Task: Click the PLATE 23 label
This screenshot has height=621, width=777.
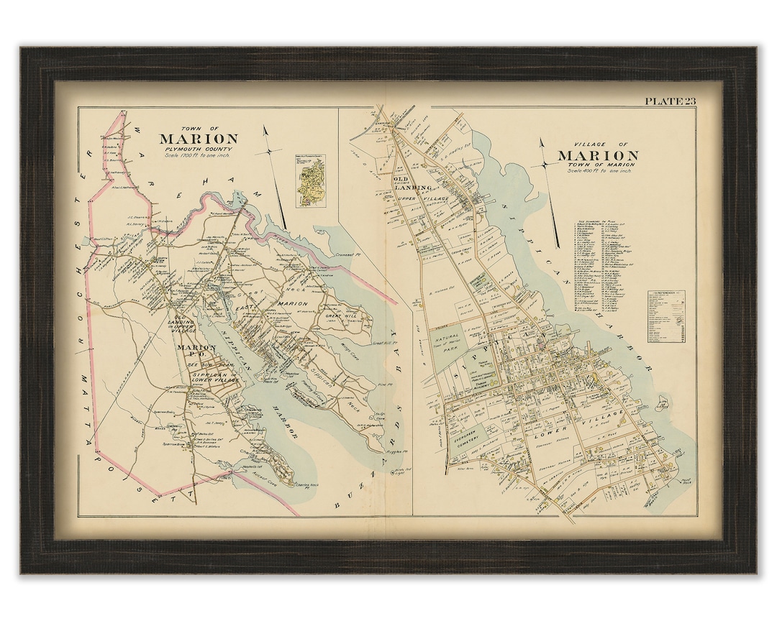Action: (x=670, y=101)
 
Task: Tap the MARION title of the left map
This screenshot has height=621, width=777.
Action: (x=199, y=139)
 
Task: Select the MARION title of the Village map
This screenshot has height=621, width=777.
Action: (x=597, y=155)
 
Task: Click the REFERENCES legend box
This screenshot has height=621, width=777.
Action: (x=665, y=316)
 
